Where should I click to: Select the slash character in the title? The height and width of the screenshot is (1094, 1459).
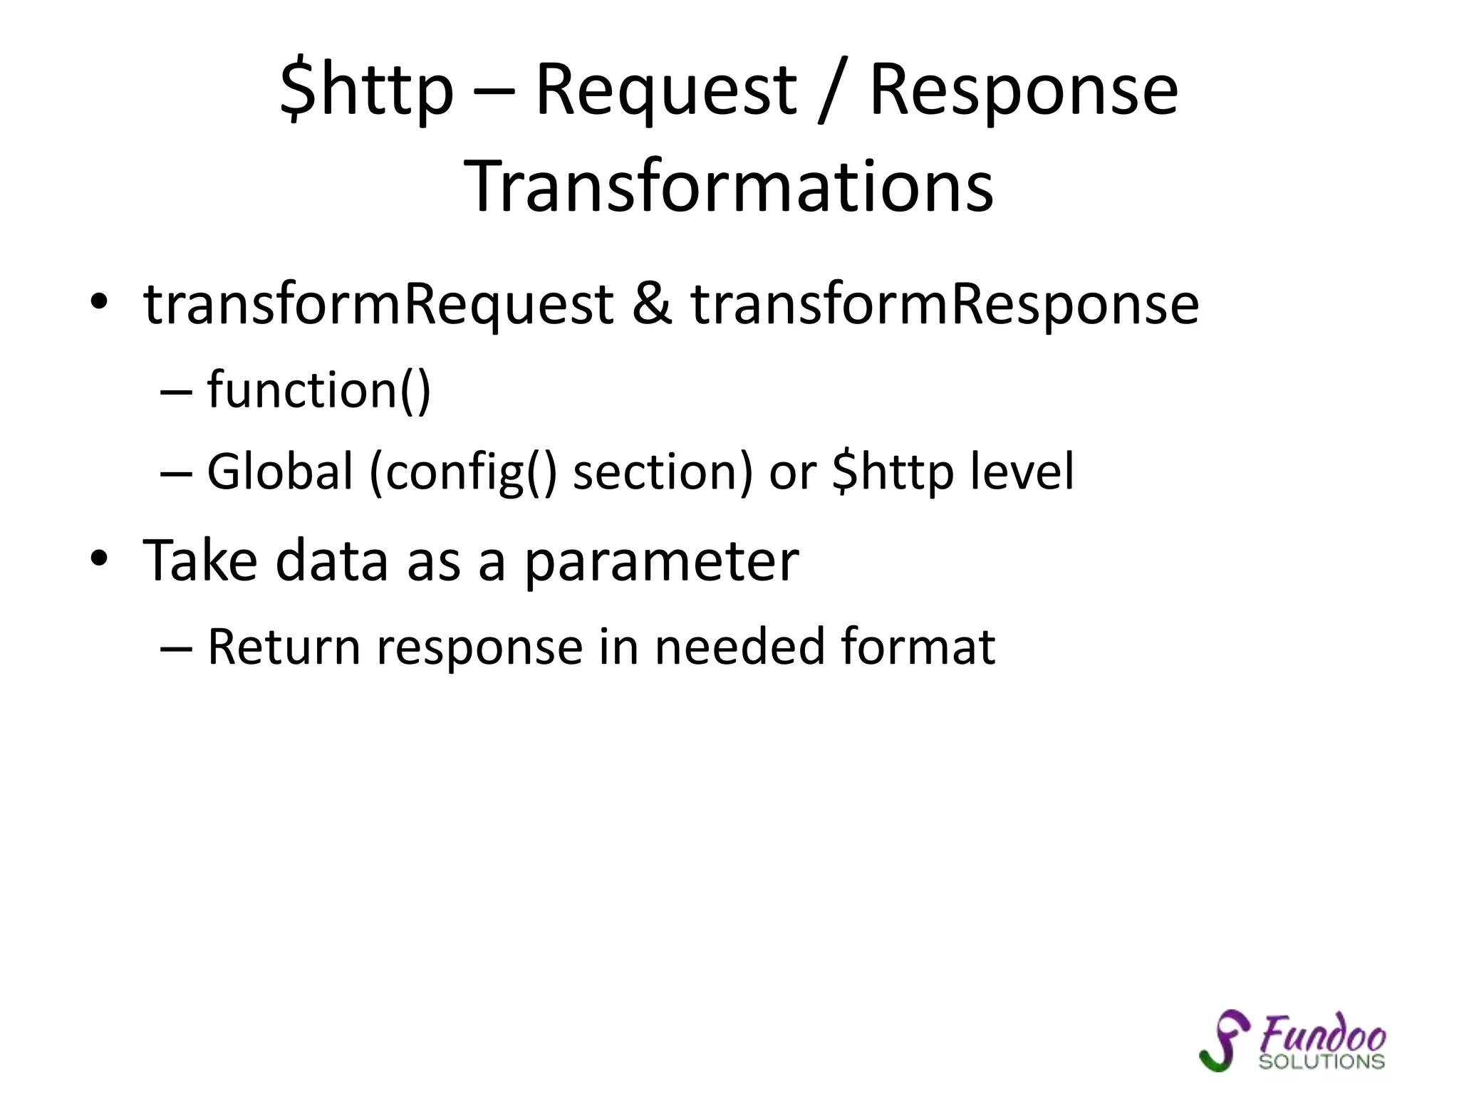(831, 93)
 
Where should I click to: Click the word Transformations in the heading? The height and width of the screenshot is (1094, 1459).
(729, 187)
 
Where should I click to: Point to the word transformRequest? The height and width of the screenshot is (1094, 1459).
(378, 305)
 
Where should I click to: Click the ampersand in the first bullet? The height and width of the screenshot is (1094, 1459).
(652, 305)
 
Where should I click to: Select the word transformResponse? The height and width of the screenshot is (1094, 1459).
(945, 305)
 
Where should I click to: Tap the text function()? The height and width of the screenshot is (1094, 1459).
(318, 390)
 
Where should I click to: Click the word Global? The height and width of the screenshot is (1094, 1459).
(280, 472)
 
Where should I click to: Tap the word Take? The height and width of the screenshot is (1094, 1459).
(199, 561)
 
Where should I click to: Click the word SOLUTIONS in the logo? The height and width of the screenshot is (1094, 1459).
(1322, 1061)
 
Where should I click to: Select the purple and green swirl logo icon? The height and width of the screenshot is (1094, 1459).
(1224, 1041)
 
